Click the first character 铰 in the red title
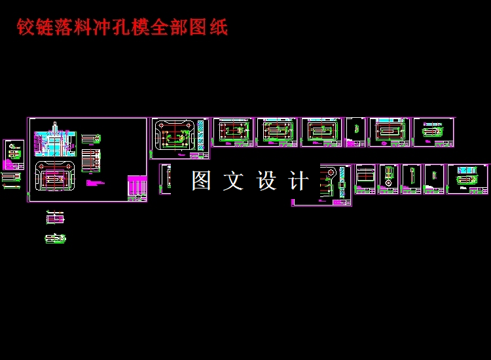(x=25, y=27)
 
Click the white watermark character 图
(x=201, y=181)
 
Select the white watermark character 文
(x=233, y=181)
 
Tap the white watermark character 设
(x=266, y=181)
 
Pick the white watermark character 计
(x=299, y=181)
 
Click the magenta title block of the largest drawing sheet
(x=137, y=188)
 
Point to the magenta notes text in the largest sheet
(x=94, y=183)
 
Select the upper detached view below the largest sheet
(x=55, y=218)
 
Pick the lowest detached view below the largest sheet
(x=55, y=238)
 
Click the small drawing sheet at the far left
(x=13, y=154)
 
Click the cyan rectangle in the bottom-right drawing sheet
(x=467, y=170)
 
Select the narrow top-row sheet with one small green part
(x=355, y=132)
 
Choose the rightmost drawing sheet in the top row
(x=433, y=132)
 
